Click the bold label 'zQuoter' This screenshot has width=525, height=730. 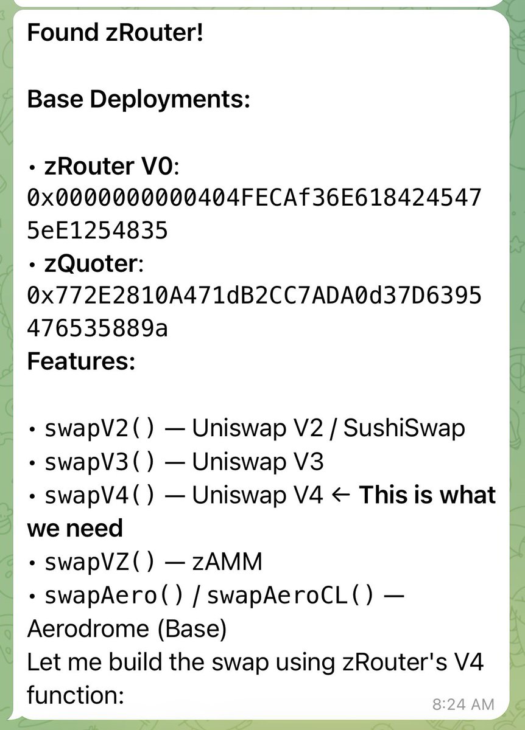(x=91, y=264)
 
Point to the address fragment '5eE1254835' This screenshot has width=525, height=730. (x=97, y=231)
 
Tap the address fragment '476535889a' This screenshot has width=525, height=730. (x=97, y=330)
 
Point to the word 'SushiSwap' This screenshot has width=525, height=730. (x=404, y=429)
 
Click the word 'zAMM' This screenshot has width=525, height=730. (x=227, y=561)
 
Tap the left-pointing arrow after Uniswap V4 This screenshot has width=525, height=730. (x=341, y=495)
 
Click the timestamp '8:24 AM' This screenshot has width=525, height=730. (x=463, y=704)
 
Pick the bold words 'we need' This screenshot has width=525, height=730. (x=75, y=528)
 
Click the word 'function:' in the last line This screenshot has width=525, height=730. (x=76, y=694)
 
